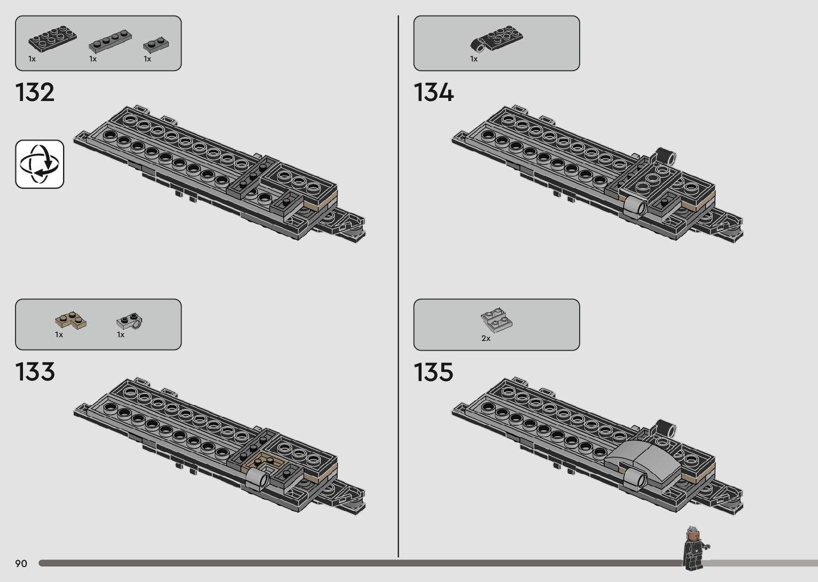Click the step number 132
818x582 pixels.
(35, 92)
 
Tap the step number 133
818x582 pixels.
(35, 372)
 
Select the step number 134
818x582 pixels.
(433, 92)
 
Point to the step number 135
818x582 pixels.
(433, 372)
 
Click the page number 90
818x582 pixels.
(21, 563)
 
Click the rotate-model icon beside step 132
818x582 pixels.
(40, 164)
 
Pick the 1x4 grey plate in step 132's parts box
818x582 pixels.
(110, 41)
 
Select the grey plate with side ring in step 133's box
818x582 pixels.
(130, 321)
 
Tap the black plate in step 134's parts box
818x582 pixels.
(497, 39)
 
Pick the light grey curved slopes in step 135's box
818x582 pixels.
(497, 320)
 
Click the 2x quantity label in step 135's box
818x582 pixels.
(486, 338)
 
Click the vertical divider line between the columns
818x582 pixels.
(398, 289)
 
